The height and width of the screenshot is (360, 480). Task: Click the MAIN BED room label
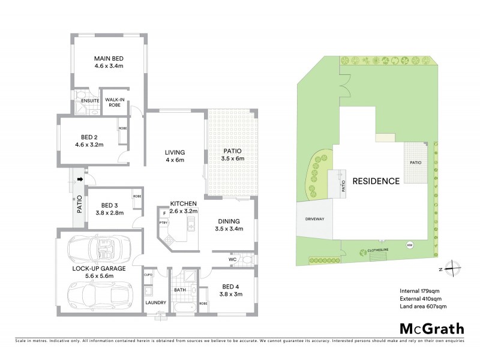(108, 58)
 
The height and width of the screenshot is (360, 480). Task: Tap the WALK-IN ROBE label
(114, 102)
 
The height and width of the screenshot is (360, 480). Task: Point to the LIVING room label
(175, 152)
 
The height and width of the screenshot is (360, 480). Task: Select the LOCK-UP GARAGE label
(99, 269)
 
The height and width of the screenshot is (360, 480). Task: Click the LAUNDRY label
(155, 302)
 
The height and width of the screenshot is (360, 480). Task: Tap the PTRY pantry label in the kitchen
(163, 222)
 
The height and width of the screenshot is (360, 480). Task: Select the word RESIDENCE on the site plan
(376, 181)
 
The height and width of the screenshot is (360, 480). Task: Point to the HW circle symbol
(410, 245)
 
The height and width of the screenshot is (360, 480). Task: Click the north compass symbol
(454, 268)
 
